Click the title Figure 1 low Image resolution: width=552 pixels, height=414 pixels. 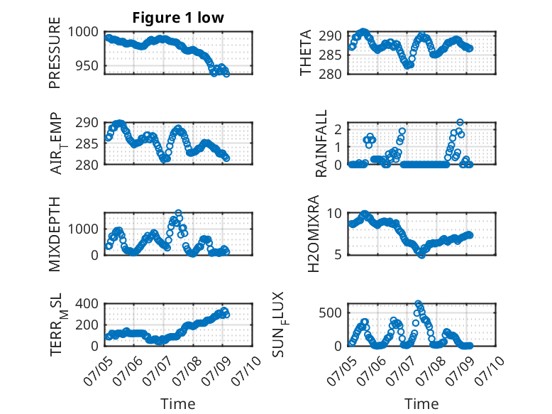pyautogui.click(x=178, y=18)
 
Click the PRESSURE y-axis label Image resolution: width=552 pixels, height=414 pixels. pyautogui.click(x=55, y=53)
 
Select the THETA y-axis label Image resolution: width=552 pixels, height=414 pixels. pyautogui.click(x=306, y=53)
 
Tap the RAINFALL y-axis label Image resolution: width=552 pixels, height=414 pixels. pyautogui.click(x=321, y=143)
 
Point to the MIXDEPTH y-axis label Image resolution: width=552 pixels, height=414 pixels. pyautogui.click(x=55, y=234)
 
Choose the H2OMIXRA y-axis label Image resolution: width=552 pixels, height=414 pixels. pyautogui.click(x=313, y=234)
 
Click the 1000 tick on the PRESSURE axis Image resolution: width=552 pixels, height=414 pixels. pyautogui.click(x=83, y=32)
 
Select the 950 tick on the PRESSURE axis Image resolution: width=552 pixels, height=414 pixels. pyautogui.click(x=87, y=65)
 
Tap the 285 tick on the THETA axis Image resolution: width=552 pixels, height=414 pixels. pyautogui.click(x=330, y=55)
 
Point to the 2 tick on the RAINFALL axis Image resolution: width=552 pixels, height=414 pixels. pyautogui.click(x=338, y=129)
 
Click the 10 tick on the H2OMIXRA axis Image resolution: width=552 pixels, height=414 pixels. pyautogui.click(x=334, y=213)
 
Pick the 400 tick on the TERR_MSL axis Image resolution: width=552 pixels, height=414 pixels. pyautogui.click(x=87, y=303)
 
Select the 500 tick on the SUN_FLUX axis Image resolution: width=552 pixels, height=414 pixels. pyautogui.click(x=330, y=312)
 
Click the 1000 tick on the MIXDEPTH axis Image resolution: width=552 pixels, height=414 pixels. pyautogui.click(x=83, y=229)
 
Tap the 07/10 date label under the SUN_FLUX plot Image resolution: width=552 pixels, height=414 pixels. pyautogui.click(x=490, y=371)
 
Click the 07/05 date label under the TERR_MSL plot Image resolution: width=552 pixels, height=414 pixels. pyautogui.click(x=98, y=371)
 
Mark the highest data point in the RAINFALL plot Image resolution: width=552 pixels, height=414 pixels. pyautogui.click(x=460, y=122)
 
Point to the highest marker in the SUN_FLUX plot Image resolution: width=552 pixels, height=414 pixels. pyautogui.click(x=418, y=303)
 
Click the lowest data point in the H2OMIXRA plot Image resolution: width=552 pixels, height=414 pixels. pyautogui.click(x=421, y=255)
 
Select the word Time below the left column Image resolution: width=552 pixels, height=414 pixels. pyautogui.click(x=178, y=403)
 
